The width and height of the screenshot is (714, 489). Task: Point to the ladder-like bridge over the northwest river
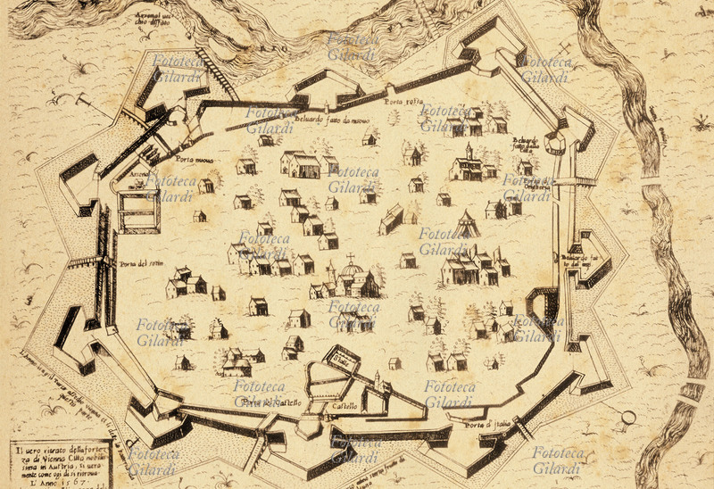click(x=216, y=71)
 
